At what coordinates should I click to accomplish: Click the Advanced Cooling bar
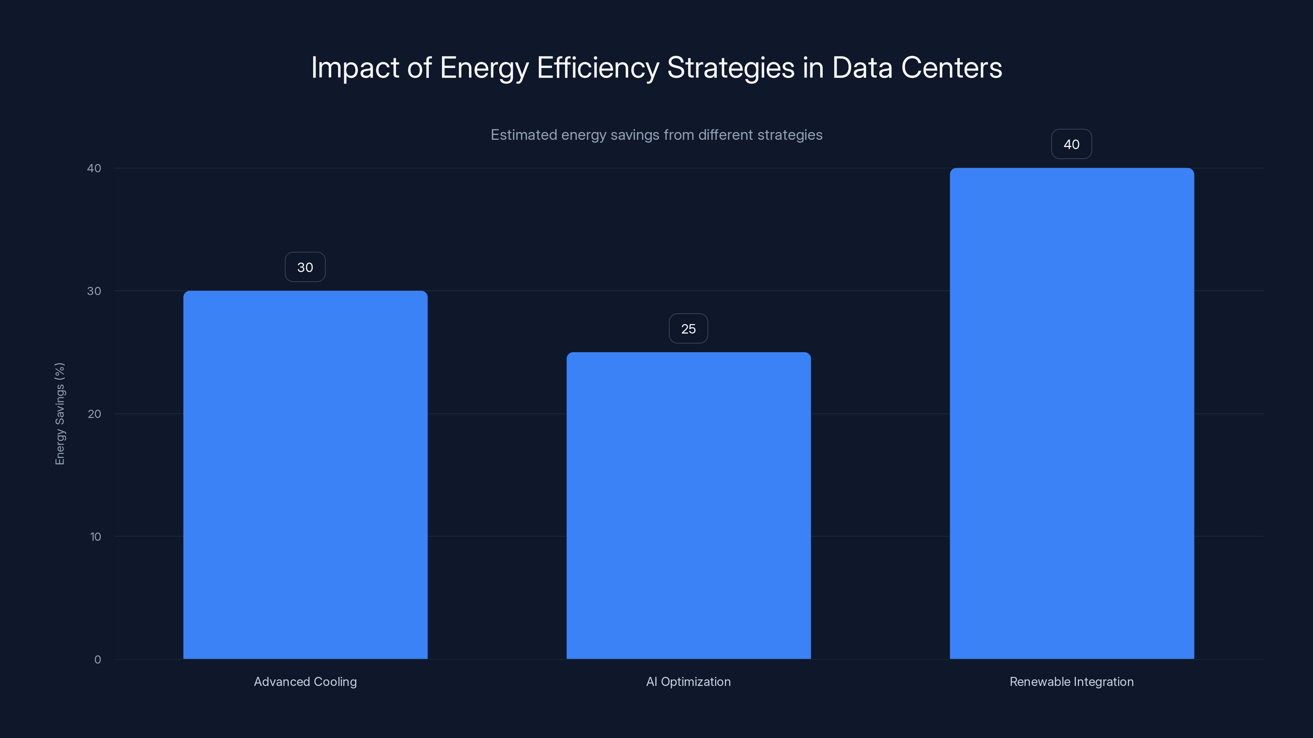[305, 475]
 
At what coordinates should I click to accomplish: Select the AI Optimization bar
[689, 505]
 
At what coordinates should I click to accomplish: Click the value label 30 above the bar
[305, 267]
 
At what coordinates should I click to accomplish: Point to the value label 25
[688, 329]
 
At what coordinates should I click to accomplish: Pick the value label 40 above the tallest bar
[1071, 145]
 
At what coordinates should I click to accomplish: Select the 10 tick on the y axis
[95, 537]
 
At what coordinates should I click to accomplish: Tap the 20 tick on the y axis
[94, 414]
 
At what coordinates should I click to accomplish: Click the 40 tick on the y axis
[94, 169]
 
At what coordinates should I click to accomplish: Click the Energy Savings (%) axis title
[59, 414]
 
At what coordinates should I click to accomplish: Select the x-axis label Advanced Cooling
[305, 681]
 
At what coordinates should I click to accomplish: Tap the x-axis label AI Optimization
[688, 681]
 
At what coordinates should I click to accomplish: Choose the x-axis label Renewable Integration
[1071, 681]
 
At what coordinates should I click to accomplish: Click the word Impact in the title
[355, 68]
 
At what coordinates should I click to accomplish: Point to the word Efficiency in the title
[597, 68]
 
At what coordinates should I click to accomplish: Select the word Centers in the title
[951, 68]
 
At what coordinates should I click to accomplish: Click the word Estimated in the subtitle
[524, 135]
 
